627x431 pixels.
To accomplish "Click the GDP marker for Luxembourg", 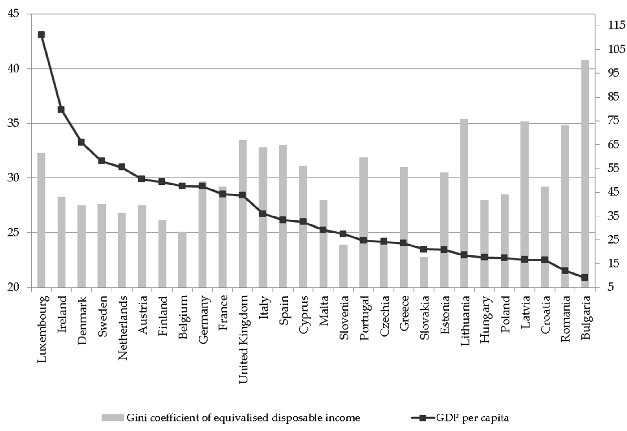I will tap(41, 35).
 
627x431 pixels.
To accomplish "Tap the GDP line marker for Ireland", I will tap(61, 109).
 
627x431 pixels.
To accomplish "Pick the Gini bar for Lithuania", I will tap(464, 189).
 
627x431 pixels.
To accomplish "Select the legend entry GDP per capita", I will tap(472, 418).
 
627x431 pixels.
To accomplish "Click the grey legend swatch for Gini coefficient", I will tap(112, 418).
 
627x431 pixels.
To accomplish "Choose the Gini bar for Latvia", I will tap(524, 189).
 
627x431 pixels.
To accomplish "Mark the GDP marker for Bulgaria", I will tap(585, 277).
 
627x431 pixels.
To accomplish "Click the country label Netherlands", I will tap(123, 328).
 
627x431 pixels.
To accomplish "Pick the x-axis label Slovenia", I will tap(344, 317).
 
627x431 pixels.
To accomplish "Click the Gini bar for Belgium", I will tap(182, 259).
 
